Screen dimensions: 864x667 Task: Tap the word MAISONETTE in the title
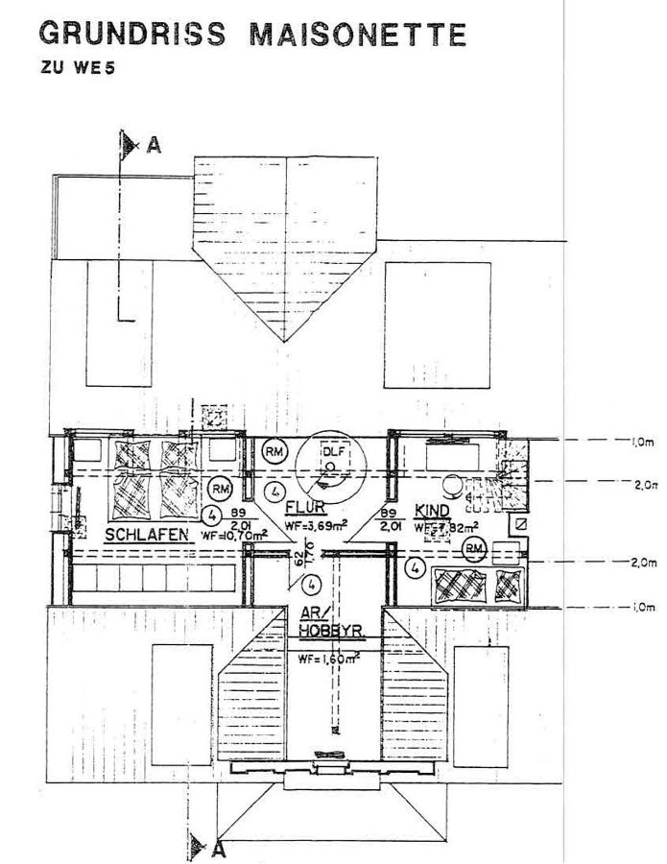pyautogui.click(x=358, y=36)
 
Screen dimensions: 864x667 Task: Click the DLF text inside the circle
pyautogui.click(x=330, y=452)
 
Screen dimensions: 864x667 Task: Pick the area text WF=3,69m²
pyautogui.click(x=317, y=526)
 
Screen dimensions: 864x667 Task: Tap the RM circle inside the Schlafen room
pyautogui.click(x=222, y=487)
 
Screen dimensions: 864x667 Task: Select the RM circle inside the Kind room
pyautogui.click(x=473, y=548)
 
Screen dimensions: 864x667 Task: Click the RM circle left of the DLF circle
pyautogui.click(x=274, y=450)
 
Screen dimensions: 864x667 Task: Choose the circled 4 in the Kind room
pyautogui.click(x=415, y=567)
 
